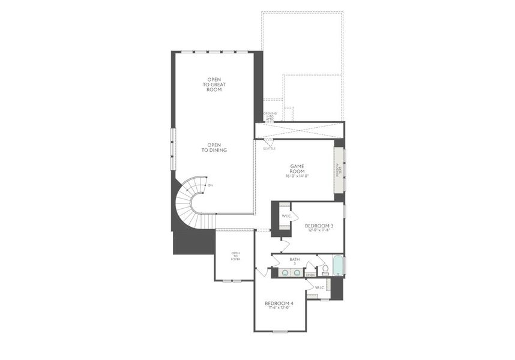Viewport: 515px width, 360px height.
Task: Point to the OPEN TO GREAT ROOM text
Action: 214,85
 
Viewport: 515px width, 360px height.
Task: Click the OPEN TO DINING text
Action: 214,147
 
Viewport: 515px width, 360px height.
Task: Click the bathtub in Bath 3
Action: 337,266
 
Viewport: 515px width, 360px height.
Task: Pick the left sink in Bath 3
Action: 285,272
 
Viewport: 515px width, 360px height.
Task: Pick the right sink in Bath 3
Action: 298,272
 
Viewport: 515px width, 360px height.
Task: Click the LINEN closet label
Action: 310,275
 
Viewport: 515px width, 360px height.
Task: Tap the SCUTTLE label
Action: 269,148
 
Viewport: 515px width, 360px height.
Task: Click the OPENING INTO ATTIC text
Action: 270,116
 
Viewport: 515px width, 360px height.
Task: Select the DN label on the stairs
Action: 210,186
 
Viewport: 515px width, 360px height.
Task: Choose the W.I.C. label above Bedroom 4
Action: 319,287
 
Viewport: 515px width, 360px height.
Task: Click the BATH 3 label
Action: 294,261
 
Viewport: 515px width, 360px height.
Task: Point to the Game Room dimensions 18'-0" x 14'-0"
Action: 298,177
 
